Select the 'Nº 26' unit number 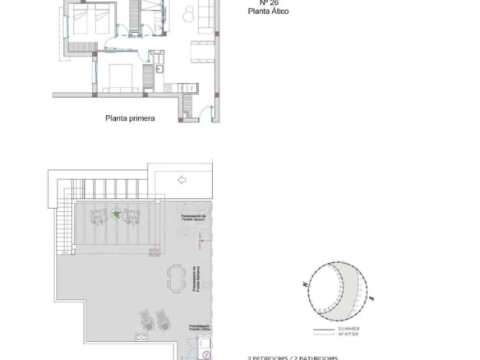coord(256,2)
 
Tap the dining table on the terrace coord(174,277)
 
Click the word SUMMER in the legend coord(348,329)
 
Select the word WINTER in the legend coord(347,335)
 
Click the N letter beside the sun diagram coord(305,284)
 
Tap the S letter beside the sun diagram coord(372,297)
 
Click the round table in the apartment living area coord(188,12)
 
